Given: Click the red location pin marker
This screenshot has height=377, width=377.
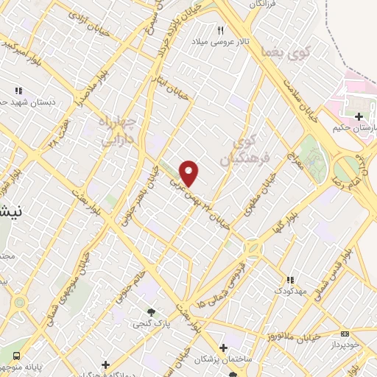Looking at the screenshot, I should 189,173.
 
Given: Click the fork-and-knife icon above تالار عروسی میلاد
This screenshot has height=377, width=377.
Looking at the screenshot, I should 219,30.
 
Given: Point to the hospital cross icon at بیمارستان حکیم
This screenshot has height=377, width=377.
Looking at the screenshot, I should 359,116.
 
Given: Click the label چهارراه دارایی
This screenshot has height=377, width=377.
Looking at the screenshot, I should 116,127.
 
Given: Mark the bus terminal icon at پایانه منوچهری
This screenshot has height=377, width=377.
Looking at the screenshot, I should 17,356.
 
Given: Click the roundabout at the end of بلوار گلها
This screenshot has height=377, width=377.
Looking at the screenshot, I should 254,250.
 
